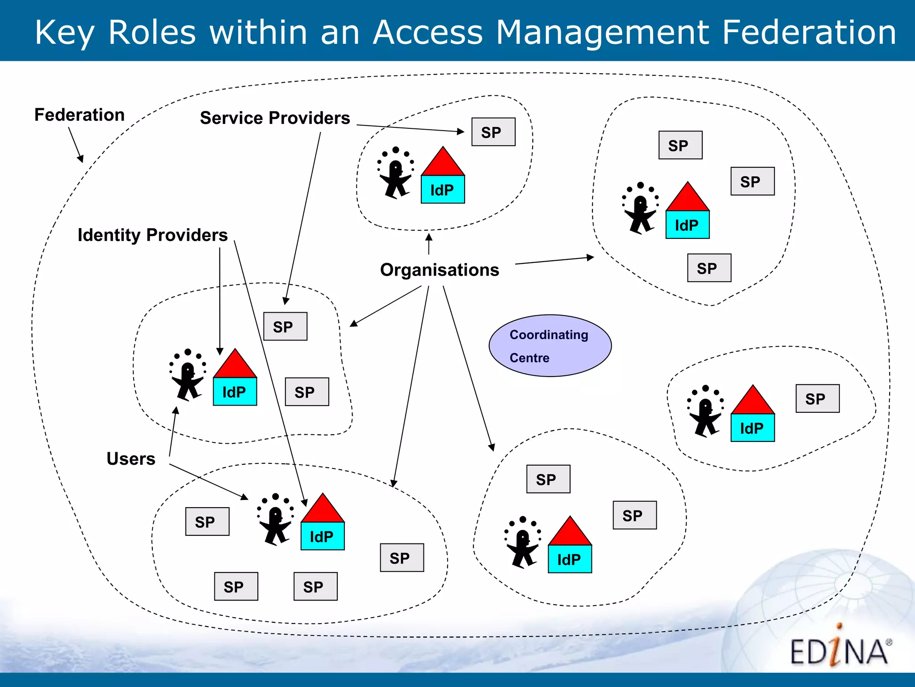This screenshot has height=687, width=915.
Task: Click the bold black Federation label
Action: [80, 115]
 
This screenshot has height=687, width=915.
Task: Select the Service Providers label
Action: [275, 118]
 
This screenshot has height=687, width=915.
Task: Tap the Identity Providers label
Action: [152, 235]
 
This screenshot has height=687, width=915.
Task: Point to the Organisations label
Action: [439, 270]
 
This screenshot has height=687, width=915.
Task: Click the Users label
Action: [131, 459]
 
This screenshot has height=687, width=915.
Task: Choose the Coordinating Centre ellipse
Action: [550, 346]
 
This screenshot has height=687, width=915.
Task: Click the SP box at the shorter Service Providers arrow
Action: [493, 132]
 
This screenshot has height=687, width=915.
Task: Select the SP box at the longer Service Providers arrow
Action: [285, 327]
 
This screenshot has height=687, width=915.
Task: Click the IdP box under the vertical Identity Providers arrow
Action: [235, 392]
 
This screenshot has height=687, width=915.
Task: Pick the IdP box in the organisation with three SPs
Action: [688, 225]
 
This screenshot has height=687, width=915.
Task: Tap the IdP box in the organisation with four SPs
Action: [323, 536]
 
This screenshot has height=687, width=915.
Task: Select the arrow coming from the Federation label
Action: [76, 144]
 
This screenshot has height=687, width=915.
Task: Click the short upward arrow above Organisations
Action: [429, 243]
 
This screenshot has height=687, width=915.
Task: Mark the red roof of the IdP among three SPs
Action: [688, 199]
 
